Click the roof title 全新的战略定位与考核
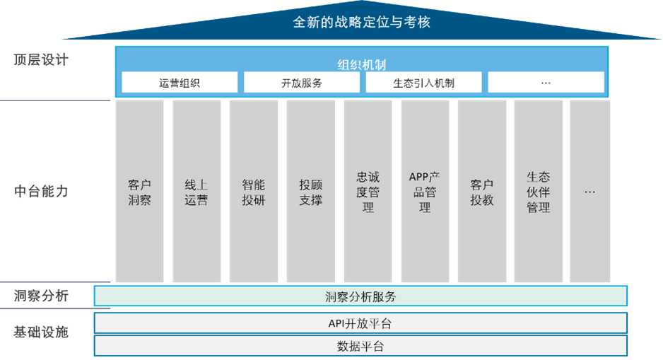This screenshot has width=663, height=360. point(361,22)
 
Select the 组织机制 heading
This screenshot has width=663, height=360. point(361,65)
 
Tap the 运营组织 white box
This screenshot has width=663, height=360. point(180,83)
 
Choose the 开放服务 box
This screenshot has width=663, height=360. point(302,83)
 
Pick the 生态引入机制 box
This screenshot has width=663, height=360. point(423,83)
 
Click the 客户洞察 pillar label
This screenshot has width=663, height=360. point(139,192)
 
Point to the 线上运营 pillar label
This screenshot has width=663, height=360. point(196,192)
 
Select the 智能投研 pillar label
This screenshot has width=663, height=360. point(254,192)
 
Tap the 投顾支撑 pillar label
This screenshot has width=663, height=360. point(311,192)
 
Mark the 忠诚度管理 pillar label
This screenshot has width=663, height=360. point(368,192)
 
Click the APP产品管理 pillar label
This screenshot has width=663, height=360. point(425,192)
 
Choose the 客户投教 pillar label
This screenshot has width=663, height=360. point(482,192)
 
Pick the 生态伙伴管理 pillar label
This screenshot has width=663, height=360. point(539,192)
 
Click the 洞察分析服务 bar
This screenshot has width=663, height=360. point(360,296)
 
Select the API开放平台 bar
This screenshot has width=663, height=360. point(360,323)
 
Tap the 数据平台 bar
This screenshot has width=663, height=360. point(360,346)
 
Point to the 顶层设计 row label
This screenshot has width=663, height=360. point(40,59)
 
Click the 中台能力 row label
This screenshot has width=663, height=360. point(40,191)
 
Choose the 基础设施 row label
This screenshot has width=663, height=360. point(40,332)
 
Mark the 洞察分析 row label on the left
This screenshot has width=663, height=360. point(40,296)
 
